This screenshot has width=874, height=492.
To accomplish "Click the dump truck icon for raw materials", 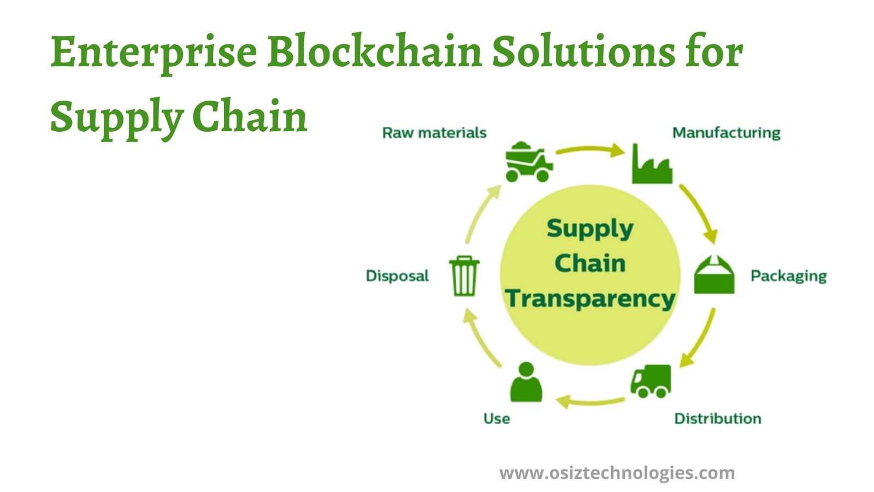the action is point(529,162).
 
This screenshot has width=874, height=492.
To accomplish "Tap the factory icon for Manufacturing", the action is point(652,163).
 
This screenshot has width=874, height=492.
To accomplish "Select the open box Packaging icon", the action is point(714,274).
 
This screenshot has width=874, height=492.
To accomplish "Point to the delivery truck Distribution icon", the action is point(651,382).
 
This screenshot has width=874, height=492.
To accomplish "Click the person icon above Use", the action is point(527,382).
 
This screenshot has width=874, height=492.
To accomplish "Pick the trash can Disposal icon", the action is point(464,276).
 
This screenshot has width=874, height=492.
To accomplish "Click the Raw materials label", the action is point(434,133).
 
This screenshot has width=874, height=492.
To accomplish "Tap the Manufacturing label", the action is point(726,133).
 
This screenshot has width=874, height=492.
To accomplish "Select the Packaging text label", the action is point(789,276).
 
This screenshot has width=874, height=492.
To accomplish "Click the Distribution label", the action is point(718,419).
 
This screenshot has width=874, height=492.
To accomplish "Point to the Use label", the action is point(497,419).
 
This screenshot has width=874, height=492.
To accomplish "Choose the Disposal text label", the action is point(397,276).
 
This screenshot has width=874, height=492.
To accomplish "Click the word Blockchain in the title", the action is point(375,51).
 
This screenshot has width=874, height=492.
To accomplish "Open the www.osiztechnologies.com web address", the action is point(617,473).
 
